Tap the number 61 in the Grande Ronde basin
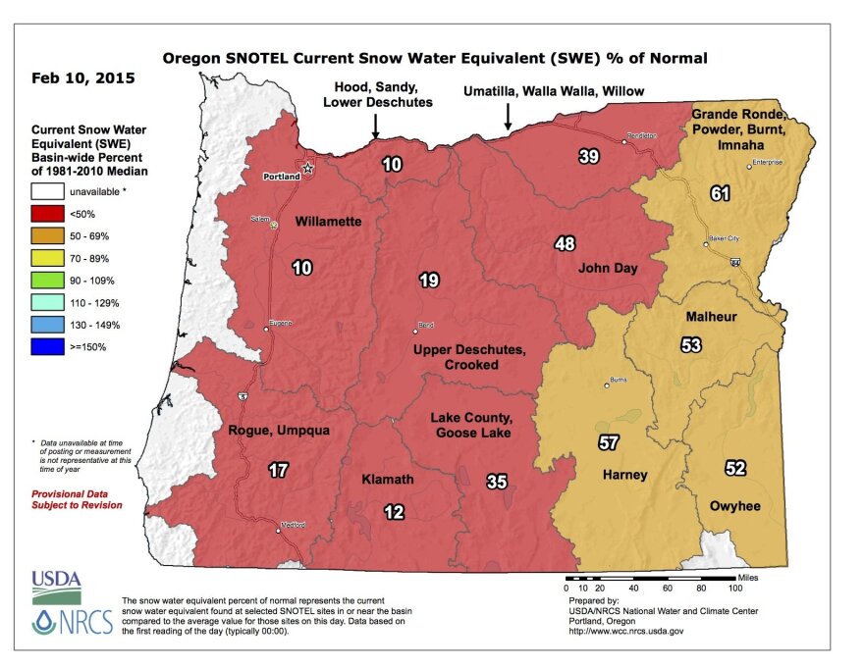tap(721, 194)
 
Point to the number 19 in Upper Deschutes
tap(428, 281)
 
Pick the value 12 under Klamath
tap(395, 511)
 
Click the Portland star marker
tap(307, 168)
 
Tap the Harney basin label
tap(623, 475)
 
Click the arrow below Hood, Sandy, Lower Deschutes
tap(375, 127)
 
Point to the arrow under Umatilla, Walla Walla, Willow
tap(508, 117)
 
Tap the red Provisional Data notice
tap(77, 499)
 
